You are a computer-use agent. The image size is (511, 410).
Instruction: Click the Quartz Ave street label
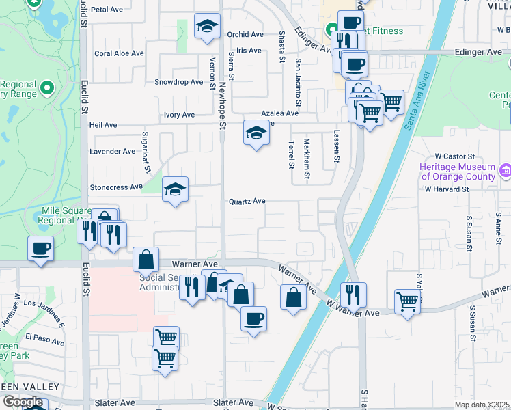click(247, 202)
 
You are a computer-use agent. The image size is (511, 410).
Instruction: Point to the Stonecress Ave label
click(116, 187)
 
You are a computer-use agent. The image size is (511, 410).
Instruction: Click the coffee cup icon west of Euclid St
click(40, 247)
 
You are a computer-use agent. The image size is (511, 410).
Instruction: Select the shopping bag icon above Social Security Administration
click(146, 260)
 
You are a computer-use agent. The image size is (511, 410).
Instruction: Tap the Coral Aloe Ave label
click(119, 53)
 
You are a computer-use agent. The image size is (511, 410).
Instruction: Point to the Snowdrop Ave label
click(179, 82)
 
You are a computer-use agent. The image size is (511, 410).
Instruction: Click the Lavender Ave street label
click(113, 151)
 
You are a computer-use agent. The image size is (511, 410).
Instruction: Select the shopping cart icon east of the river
click(407, 301)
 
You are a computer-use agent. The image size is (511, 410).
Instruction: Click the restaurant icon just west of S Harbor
click(353, 294)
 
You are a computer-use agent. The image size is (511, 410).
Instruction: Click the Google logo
click(23, 402)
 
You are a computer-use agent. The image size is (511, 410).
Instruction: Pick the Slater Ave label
click(233, 403)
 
